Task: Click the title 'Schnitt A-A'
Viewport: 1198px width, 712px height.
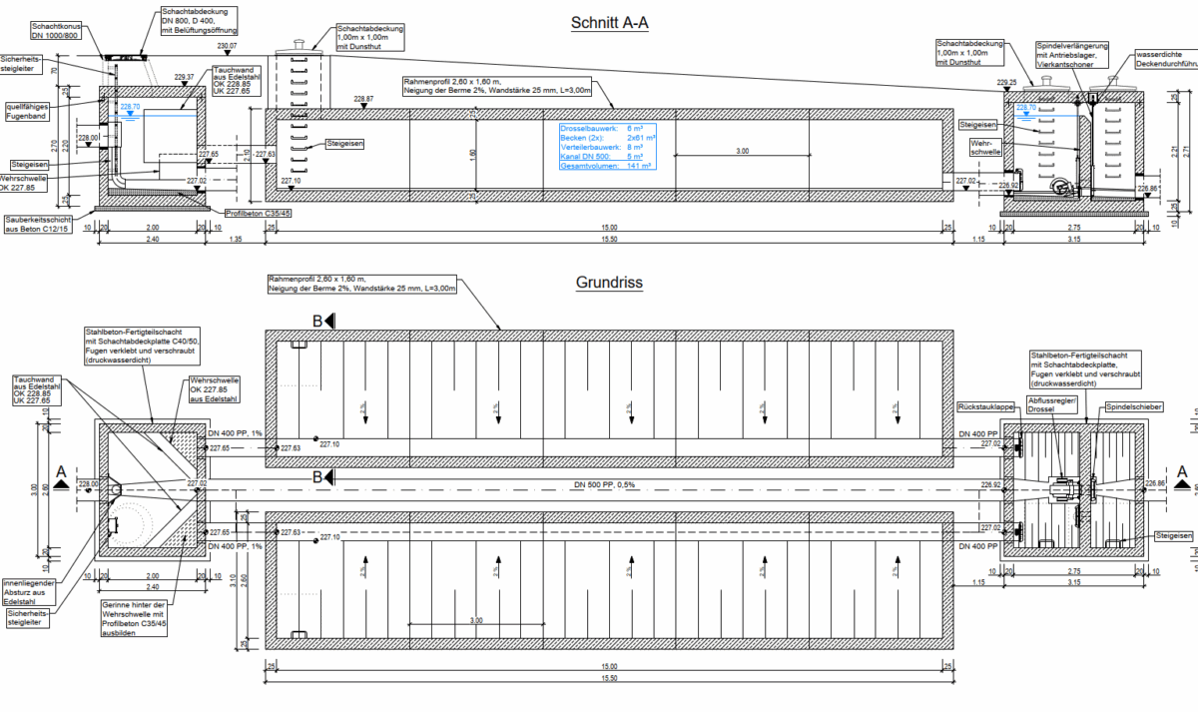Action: point(610,23)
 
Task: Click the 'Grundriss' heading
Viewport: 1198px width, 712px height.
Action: point(609,283)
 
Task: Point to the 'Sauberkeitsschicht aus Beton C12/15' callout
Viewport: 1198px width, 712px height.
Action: point(39,224)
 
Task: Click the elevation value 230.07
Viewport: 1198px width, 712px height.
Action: point(227,47)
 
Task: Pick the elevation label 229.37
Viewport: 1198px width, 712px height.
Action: point(184,77)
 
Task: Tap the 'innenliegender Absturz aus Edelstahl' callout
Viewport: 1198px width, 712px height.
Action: point(27,592)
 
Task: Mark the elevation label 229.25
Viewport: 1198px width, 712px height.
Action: point(1006,82)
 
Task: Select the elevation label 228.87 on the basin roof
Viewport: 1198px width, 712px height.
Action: point(363,99)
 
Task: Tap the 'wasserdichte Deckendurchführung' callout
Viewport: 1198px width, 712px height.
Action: point(1166,60)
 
